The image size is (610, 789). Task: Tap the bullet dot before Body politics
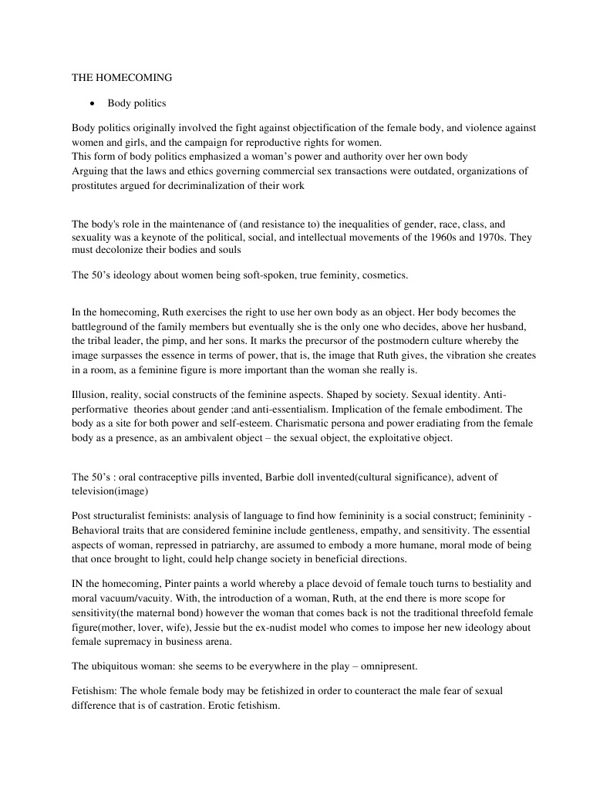[93, 103]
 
